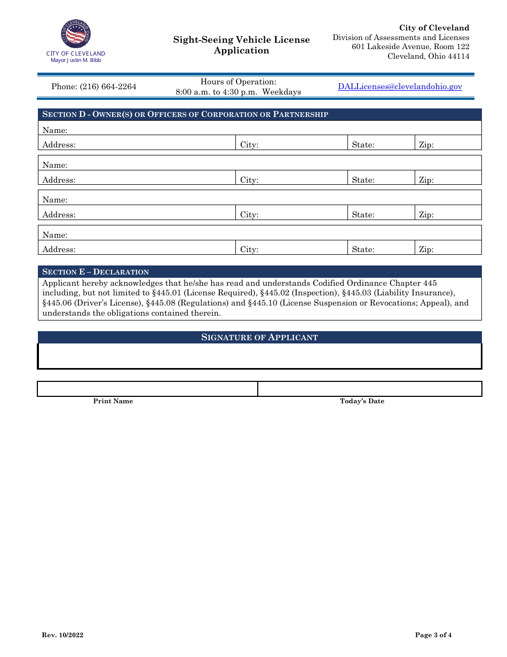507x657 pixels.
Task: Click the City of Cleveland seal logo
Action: (x=75, y=35)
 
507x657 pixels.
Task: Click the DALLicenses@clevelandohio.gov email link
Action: (x=400, y=87)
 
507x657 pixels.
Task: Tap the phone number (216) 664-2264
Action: (x=94, y=87)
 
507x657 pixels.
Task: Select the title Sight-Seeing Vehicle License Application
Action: (x=241, y=45)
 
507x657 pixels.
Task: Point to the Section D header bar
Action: (x=259, y=114)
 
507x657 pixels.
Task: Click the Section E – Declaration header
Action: (x=96, y=272)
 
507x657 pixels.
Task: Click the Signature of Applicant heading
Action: (x=259, y=337)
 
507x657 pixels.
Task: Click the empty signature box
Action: (x=259, y=356)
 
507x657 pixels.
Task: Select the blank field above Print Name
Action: (x=147, y=389)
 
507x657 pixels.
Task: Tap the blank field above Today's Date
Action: (x=370, y=389)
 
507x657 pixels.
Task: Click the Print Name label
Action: (x=113, y=401)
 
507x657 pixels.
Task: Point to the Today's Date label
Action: (x=362, y=401)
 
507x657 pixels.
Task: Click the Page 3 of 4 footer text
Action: (x=433, y=635)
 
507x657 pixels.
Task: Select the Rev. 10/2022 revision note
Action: (x=62, y=635)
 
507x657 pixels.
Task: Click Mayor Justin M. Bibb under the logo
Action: (x=76, y=60)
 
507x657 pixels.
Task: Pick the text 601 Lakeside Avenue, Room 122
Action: (x=410, y=47)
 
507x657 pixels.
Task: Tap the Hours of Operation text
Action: (x=239, y=82)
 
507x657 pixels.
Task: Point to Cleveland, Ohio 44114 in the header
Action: (x=428, y=56)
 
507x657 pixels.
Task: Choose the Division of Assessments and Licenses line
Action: (x=401, y=37)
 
